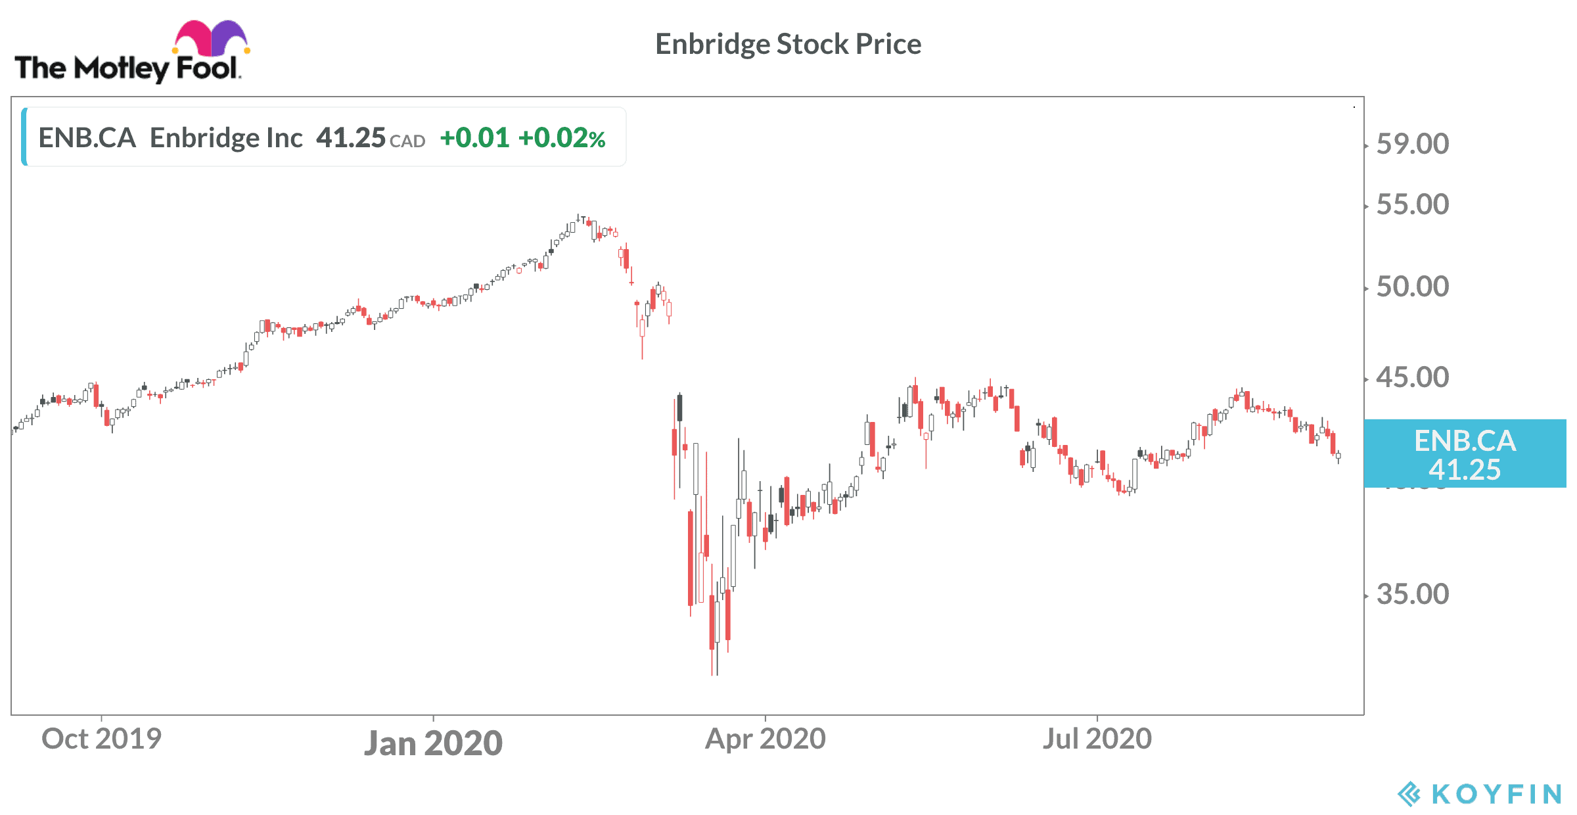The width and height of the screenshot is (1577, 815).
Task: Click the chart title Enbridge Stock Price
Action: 788,45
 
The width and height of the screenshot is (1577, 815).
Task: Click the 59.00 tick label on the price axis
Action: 1412,144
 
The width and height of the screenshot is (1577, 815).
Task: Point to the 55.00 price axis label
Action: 1412,205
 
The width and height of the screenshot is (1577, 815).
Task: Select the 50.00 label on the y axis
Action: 1412,287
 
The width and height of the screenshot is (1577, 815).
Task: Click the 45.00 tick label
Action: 1412,378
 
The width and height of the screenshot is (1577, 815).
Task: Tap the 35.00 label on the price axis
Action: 1412,595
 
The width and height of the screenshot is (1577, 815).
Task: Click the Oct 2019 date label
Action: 101,739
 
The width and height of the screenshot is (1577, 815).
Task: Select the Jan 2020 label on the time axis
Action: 433,743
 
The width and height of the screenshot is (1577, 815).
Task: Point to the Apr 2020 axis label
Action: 765,739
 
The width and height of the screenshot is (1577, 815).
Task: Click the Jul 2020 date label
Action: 1097,739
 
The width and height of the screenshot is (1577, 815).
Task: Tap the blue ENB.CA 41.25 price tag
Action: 1465,454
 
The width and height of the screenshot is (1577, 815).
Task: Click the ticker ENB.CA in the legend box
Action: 87,138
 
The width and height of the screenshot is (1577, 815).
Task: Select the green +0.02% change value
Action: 562,138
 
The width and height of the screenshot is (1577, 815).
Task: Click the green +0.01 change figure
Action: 474,138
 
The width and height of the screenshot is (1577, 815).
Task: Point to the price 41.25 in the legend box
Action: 350,138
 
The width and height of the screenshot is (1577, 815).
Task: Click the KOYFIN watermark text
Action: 1496,794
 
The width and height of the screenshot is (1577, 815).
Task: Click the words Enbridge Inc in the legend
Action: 226,138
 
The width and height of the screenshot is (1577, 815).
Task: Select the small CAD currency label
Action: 407,141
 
